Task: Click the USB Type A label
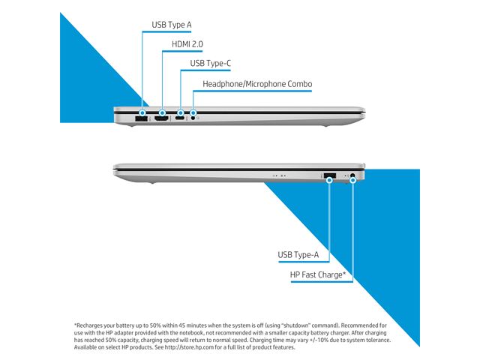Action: coord(172,25)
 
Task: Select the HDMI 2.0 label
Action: coord(187,44)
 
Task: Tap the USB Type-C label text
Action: coord(210,63)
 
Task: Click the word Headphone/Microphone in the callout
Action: coord(244,84)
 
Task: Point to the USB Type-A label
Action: coord(298,255)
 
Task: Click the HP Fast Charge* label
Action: coord(318,274)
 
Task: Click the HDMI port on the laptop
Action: coord(162,118)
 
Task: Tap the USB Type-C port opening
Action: coord(180,118)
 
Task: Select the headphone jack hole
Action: coord(193,118)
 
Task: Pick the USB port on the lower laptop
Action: coord(330,175)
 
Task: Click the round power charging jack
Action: coord(352,175)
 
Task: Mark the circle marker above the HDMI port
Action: coord(162,113)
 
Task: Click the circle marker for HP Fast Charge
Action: coord(352,180)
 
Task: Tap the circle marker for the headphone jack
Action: coord(193,113)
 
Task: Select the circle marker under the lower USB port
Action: coord(329,180)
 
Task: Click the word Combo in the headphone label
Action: coord(300,84)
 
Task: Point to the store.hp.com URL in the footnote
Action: coord(189,347)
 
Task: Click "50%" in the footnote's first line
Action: coord(155,325)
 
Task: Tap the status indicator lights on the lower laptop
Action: coord(279,175)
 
